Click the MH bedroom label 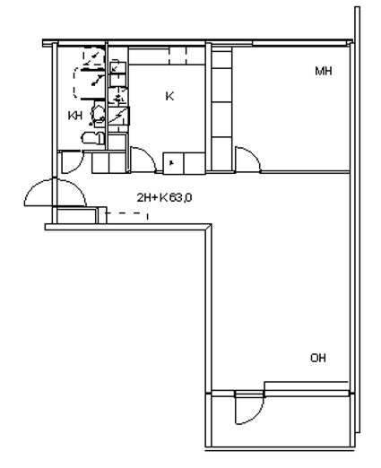[324, 71]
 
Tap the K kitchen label [169, 96]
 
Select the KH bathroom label [75, 116]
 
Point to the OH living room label [318, 358]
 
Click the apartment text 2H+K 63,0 [164, 197]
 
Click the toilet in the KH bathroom [92, 138]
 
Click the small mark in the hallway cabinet [171, 163]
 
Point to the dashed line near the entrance [126, 213]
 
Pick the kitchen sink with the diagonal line [118, 116]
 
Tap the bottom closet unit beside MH [221, 154]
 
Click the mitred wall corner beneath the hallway [209, 227]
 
